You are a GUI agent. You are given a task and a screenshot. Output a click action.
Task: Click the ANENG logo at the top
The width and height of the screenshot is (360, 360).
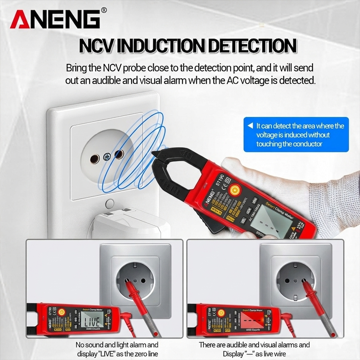pos(55,20)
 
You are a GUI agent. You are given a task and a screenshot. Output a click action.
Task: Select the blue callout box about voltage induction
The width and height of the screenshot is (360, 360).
pos(296,135)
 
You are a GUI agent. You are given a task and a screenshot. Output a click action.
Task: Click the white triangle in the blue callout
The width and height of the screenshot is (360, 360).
pos(250,126)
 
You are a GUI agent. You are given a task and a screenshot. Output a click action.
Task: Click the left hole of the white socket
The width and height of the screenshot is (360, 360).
pos(95,159)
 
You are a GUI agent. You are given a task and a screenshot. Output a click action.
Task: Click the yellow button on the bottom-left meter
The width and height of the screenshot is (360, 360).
pos(62,312)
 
